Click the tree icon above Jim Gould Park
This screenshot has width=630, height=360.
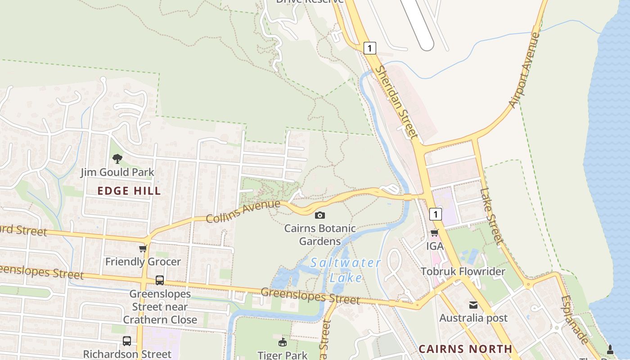[117, 159]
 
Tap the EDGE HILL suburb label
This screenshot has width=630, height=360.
[129, 191]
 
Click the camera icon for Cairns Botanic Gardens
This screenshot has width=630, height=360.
[320, 216]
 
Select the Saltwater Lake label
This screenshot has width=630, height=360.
[346, 270]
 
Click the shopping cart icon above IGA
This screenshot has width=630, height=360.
[435, 233]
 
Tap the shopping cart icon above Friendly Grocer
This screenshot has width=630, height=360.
[143, 248]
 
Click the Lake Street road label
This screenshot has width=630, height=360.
[491, 216]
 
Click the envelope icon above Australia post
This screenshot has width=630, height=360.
[473, 305]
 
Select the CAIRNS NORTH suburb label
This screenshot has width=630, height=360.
[465, 349]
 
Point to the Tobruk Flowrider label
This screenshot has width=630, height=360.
[463, 271]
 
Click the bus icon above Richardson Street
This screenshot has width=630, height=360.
[127, 341]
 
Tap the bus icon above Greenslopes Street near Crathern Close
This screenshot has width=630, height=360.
[160, 280]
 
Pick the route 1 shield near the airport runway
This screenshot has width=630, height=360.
[369, 48]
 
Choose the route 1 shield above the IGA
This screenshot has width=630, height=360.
[435, 214]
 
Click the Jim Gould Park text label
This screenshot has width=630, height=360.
[117, 172]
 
